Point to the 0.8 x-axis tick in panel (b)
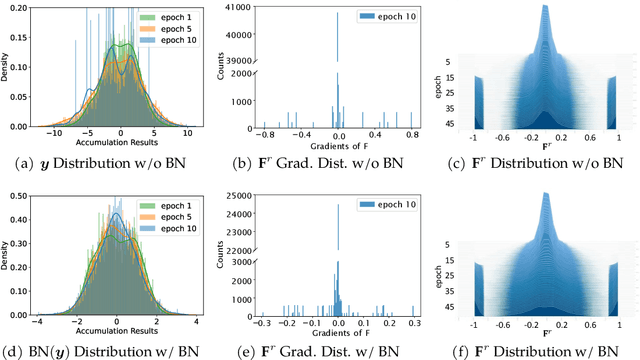[412, 131]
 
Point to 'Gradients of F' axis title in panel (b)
[337, 142]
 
